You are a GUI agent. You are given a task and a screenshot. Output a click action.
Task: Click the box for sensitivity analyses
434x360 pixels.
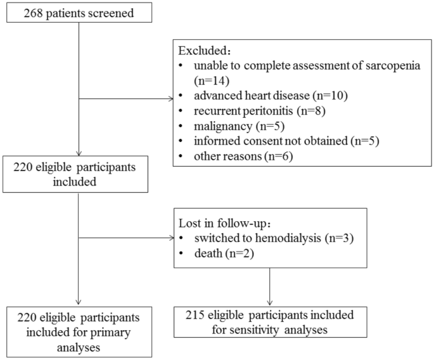270,321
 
